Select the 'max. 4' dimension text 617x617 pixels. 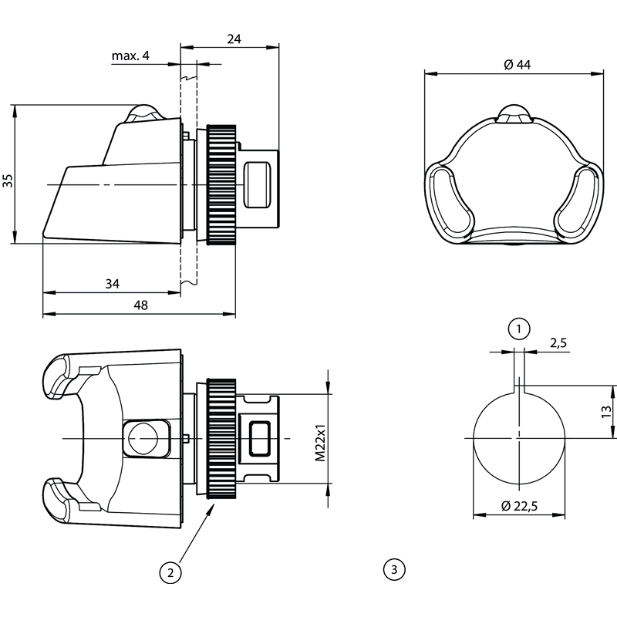pos(130,56)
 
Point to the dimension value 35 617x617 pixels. pos(8,181)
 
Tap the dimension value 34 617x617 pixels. pos(112,284)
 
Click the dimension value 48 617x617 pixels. pos(140,305)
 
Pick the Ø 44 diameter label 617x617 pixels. pos(517,66)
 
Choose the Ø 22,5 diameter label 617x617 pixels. pos(519,506)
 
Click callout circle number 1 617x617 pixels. pos(519,329)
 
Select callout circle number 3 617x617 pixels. pos(393,570)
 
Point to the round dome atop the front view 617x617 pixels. pos(514,113)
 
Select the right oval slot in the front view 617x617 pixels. pos(581,201)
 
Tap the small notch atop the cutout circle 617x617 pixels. pos(519,385)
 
